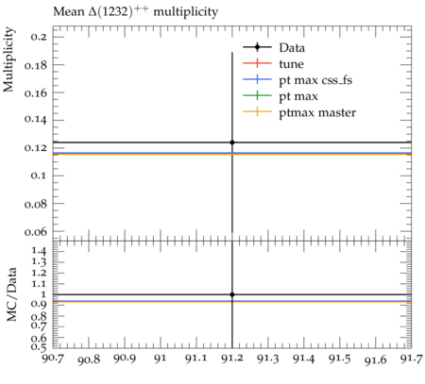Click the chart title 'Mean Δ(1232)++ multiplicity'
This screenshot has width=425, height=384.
[135, 12]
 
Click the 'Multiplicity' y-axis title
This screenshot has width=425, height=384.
[8, 59]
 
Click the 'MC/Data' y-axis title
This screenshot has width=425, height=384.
[11, 294]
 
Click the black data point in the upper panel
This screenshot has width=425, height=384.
[232, 142]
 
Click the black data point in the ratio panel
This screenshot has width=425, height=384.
[232, 294]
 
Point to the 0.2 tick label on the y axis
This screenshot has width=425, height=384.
[39, 37]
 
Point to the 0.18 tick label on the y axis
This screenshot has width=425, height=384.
[35, 65]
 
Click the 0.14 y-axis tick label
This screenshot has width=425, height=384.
[35, 120]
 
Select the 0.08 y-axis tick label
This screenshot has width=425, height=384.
[35, 204]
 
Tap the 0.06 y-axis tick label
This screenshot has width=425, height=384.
[35, 232]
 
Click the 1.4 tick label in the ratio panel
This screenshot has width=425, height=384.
[39, 251]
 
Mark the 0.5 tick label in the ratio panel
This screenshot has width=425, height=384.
[39, 346]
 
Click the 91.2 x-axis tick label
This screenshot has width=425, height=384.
[232, 359]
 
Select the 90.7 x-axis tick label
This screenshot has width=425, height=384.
[53, 359]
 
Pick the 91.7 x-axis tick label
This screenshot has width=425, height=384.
[412, 359]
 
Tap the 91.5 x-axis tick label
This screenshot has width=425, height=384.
[340, 359]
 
